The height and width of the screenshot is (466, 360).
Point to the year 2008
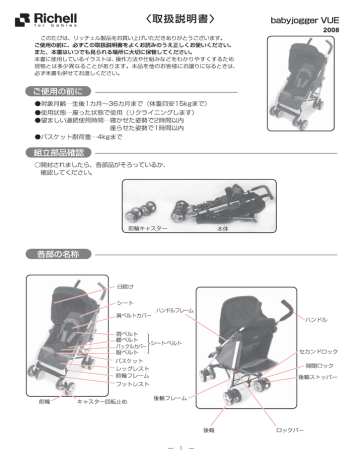pyautogui.click(x=332, y=31)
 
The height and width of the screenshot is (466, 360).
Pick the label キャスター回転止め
pyautogui.click(x=106, y=401)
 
